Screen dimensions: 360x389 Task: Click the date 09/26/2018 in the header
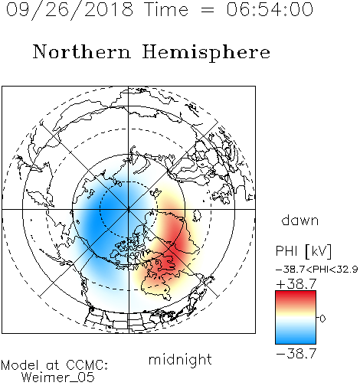[70, 10]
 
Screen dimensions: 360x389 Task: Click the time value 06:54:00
[270, 10]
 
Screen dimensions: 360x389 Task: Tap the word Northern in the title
[81, 51]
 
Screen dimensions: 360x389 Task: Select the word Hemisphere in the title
[206, 53]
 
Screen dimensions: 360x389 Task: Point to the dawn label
[300, 220]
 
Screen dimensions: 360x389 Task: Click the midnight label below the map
[180, 359]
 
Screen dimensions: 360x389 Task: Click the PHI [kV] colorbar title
[303, 251]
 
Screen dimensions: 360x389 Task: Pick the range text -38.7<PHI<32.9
[317, 270]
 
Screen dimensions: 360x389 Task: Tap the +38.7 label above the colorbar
[296, 284]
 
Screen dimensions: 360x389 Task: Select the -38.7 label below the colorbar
[296, 354]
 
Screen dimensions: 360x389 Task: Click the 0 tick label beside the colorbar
[322, 319]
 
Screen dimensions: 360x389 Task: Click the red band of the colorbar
[296, 297]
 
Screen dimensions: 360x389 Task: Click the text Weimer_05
[58, 377]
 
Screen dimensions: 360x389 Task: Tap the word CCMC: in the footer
[87, 365]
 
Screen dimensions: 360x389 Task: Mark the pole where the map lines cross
[129, 209]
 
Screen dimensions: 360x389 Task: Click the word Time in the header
[166, 10]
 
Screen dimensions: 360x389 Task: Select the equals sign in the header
[207, 10]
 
